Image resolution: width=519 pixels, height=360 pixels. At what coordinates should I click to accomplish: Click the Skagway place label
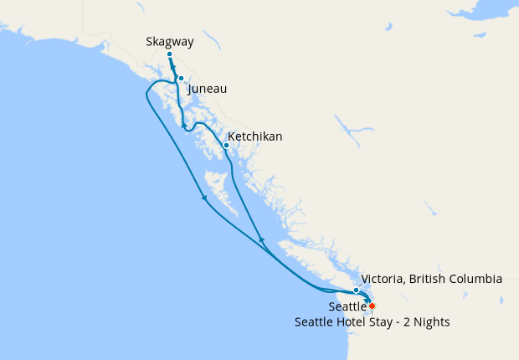[169, 40]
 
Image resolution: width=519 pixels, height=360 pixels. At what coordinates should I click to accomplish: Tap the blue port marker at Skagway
[169, 54]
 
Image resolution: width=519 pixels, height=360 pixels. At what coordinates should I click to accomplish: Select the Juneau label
[208, 89]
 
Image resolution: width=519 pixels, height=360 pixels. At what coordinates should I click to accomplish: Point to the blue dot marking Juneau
[181, 79]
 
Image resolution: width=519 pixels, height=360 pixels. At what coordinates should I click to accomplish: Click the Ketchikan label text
[255, 136]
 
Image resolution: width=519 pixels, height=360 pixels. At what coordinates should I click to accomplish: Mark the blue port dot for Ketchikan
[226, 145]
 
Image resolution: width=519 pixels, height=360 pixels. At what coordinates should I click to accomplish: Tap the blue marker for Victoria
[357, 290]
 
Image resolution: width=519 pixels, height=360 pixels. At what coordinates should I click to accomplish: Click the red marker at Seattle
[372, 306]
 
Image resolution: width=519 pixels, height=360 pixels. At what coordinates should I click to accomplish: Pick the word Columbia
[477, 279]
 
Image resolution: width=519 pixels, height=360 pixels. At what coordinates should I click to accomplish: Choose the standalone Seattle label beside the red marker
[347, 307]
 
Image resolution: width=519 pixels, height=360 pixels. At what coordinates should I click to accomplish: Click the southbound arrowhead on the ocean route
[204, 198]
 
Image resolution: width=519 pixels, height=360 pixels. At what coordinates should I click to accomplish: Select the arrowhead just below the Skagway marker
[173, 69]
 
